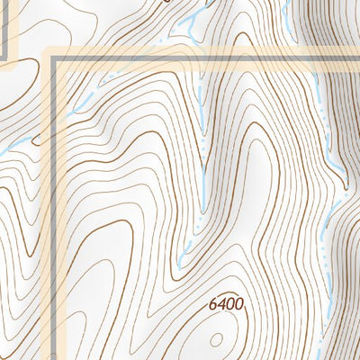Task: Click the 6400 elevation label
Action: [x=227, y=304]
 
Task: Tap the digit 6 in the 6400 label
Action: [x=214, y=304]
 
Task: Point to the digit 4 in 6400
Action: [x=222, y=304]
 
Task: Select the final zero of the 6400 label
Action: [x=239, y=304]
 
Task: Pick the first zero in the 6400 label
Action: [x=231, y=304]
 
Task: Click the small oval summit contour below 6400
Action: [x=217, y=338]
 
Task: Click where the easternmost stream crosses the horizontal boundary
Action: [x=315, y=58]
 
